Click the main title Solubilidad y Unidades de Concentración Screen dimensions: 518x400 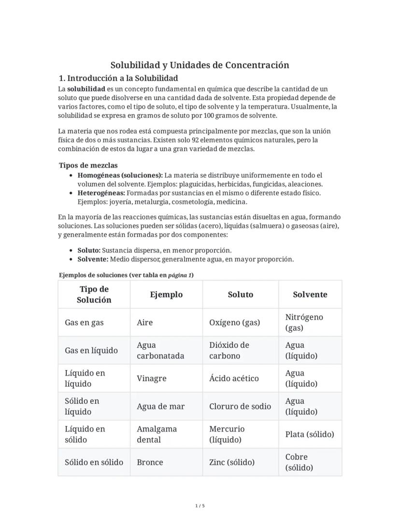pyautogui.click(x=200, y=65)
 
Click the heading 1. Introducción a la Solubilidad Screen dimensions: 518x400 pyautogui.click(x=118, y=78)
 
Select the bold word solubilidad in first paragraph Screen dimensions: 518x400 pyautogui.click(x=86, y=89)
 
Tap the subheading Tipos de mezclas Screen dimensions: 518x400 pyautogui.click(x=88, y=165)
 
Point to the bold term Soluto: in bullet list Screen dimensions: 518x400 pyautogui.click(x=89, y=250)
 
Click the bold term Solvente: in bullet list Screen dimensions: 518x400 pyautogui.click(x=93, y=259)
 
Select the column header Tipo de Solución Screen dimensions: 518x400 pyautogui.click(x=94, y=295)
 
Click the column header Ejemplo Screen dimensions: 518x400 pyautogui.click(x=166, y=295)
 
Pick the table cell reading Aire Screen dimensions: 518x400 pyautogui.click(x=145, y=323)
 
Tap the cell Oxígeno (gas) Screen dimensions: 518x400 pyautogui.click(x=234, y=323)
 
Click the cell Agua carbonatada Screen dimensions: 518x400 pyautogui.click(x=160, y=351)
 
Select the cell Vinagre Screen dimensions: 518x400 pyautogui.click(x=151, y=378)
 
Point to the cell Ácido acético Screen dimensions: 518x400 pyautogui.click(x=234, y=378)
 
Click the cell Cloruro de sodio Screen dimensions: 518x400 pyautogui.click(x=240, y=406)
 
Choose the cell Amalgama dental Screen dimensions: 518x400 pyautogui.click(x=157, y=434)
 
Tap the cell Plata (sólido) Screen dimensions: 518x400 pyautogui.click(x=309, y=434)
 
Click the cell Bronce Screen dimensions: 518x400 pyautogui.click(x=150, y=462)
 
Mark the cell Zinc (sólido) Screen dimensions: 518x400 pyautogui.click(x=232, y=462)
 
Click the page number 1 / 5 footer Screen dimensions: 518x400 pyautogui.click(x=200, y=506)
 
